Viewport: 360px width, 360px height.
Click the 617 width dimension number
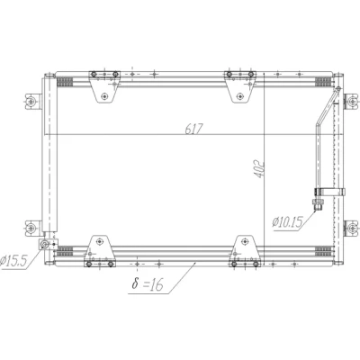point(193,129)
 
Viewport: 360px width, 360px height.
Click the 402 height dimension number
point(259,170)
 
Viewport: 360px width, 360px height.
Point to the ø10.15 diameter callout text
point(288,222)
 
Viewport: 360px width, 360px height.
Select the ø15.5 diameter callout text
point(13,261)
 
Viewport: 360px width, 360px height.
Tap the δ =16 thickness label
point(148,283)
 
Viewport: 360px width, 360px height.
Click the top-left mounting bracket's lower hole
point(104,96)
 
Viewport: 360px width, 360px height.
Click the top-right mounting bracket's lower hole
point(239,96)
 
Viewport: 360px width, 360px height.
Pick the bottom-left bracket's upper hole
point(99,241)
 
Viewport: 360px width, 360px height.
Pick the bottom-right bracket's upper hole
point(245,241)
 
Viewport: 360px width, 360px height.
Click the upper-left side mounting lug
point(32,102)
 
